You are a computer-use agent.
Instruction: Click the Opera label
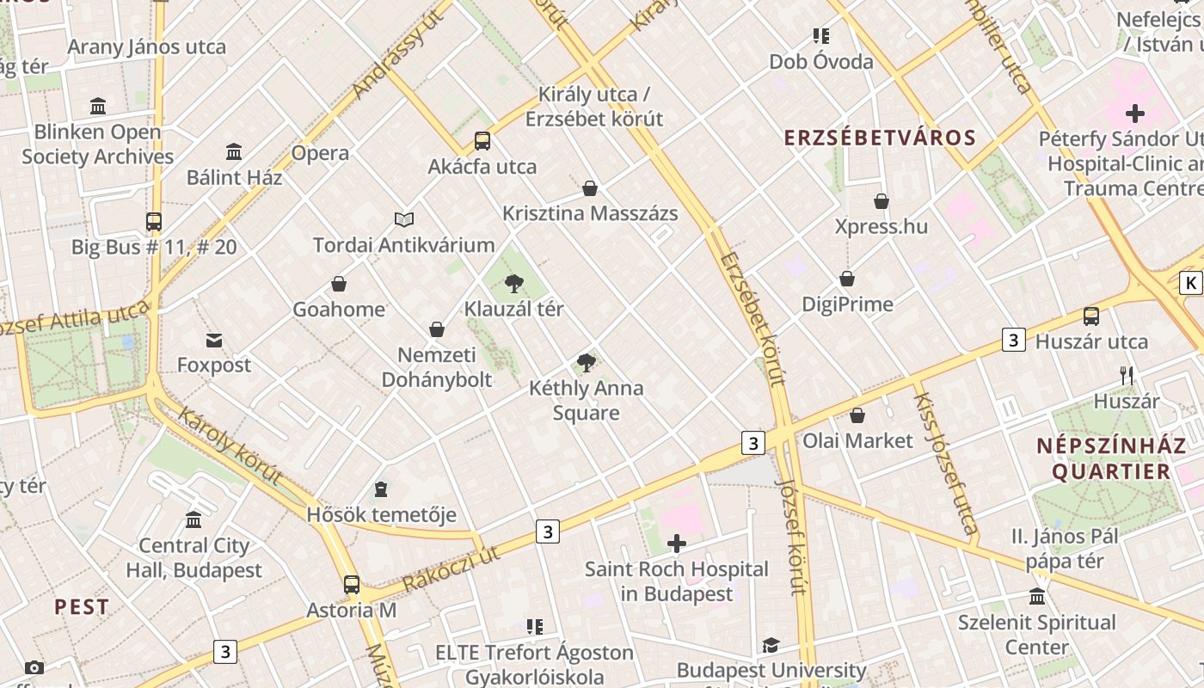[x=320, y=153]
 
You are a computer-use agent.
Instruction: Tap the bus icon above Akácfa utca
[x=482, y=141]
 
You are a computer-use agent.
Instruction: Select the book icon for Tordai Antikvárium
[x=404, y=220]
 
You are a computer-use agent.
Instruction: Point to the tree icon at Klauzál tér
[x=514, y=283]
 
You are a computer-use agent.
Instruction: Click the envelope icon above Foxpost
[x=214, y=341]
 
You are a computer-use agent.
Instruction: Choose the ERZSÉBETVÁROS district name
[x=880, y=138]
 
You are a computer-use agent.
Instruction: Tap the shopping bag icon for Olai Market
[x=857, y=416]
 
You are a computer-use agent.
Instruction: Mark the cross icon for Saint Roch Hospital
[x=677, y=544]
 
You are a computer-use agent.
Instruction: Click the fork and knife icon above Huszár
[x=1127, y=376]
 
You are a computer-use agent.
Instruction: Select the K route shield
[x=1190, y=283]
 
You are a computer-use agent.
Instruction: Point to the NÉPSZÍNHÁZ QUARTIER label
[x=1104, y=458]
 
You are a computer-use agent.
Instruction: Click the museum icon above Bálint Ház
[x=234, y=152]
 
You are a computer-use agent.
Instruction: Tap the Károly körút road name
[x=230, y=446]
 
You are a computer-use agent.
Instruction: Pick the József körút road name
[x=791, y=537]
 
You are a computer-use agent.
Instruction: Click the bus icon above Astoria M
[x=352, y=585]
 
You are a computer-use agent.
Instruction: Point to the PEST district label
[x=82, y=606]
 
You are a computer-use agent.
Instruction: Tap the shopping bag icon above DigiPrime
[x=847, y=279]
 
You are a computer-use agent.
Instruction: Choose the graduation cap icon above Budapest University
[x=771, y=645]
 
